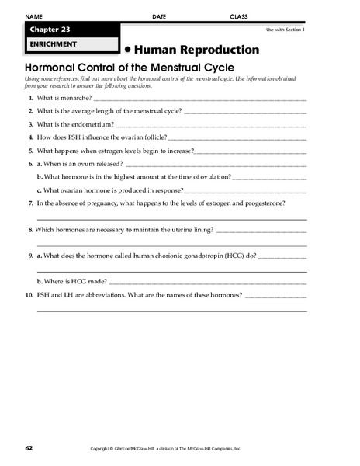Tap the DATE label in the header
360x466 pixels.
159,16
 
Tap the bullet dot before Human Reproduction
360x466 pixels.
127,49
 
